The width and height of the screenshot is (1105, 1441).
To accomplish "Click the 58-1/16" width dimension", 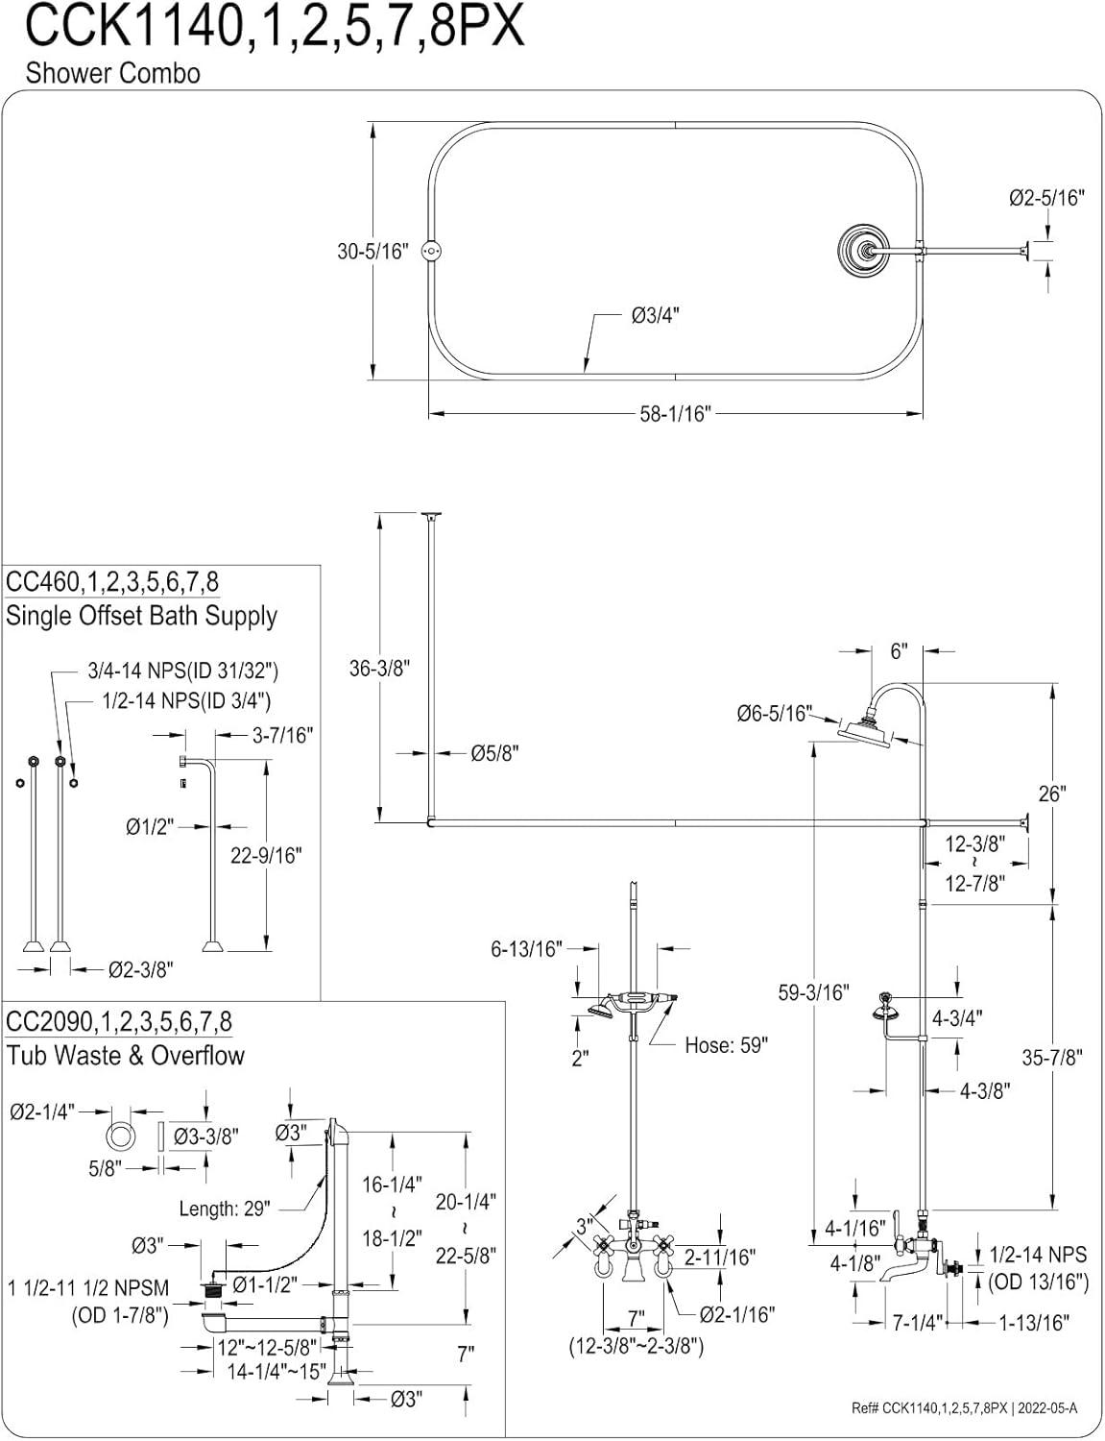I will pyautogui.click(x=675, y=414).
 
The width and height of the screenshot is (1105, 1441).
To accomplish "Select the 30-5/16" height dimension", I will pyautogui.click(x=372, y=252).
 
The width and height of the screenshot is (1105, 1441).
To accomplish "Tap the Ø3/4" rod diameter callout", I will pyautogui.click(x=655, y=315).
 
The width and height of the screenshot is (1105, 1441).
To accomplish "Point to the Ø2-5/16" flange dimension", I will pyautogui.click(x=1046, y=198).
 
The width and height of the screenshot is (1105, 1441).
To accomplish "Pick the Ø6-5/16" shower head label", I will pyautogui.click(x=774, y=713).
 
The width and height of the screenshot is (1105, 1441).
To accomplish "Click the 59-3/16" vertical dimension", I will pyautogui.click(x=813, y=991).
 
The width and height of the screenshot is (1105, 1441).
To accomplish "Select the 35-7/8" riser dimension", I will pyautogui.click(x=1052, y=1057).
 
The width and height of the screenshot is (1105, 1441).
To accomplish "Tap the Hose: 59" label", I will pyautogui.click(x=726, y=1045).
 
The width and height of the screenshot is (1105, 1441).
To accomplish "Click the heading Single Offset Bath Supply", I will pyautogui.click(x=141, y=616).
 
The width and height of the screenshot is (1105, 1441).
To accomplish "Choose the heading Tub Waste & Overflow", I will pyautogui.click(x=125, y=1055).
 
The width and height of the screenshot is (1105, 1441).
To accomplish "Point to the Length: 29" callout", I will pyautogui.click(x=225, y=1208).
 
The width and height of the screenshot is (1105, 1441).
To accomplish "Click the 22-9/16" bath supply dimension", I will pyautogui.click(x=266, y=855).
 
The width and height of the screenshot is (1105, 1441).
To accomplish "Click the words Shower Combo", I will pyautogui.click(x=112, y=74).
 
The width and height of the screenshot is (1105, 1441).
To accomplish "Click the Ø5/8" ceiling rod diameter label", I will pyautogui.click(x=494, y=754).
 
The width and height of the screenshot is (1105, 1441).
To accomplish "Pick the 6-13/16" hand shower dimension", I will pyautogui.click(x=526, y=949).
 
